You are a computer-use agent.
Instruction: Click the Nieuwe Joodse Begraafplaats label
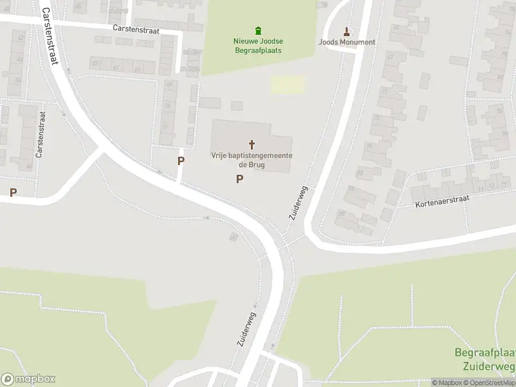click(x=258, y=45)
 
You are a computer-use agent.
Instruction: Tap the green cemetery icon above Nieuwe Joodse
click(x=258, y=30)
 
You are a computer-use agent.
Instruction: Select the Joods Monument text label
click(x=347, y=43)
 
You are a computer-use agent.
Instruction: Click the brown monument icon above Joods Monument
click(x=347, y=31)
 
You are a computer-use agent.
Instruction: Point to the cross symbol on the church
click(x=252, y=144)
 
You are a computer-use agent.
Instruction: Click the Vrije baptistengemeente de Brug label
click(x=252, y=160)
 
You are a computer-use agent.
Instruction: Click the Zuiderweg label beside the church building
click(x=299, y=204)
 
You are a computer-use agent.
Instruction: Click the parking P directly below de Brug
click(x=240, y=179)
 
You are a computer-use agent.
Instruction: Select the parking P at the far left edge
click(x=12, y=192)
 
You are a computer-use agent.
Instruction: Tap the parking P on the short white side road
click(x=181, y=161)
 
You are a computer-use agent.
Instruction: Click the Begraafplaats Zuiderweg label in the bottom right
click(x=484, y=359)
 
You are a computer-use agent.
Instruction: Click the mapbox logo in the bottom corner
click(x=28, y=379)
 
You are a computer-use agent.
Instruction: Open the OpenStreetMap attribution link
click(x=491, y=382)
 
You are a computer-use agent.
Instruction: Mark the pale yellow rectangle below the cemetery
click(x=288, y=85)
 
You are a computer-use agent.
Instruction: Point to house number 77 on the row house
click(x=164, y=127)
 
